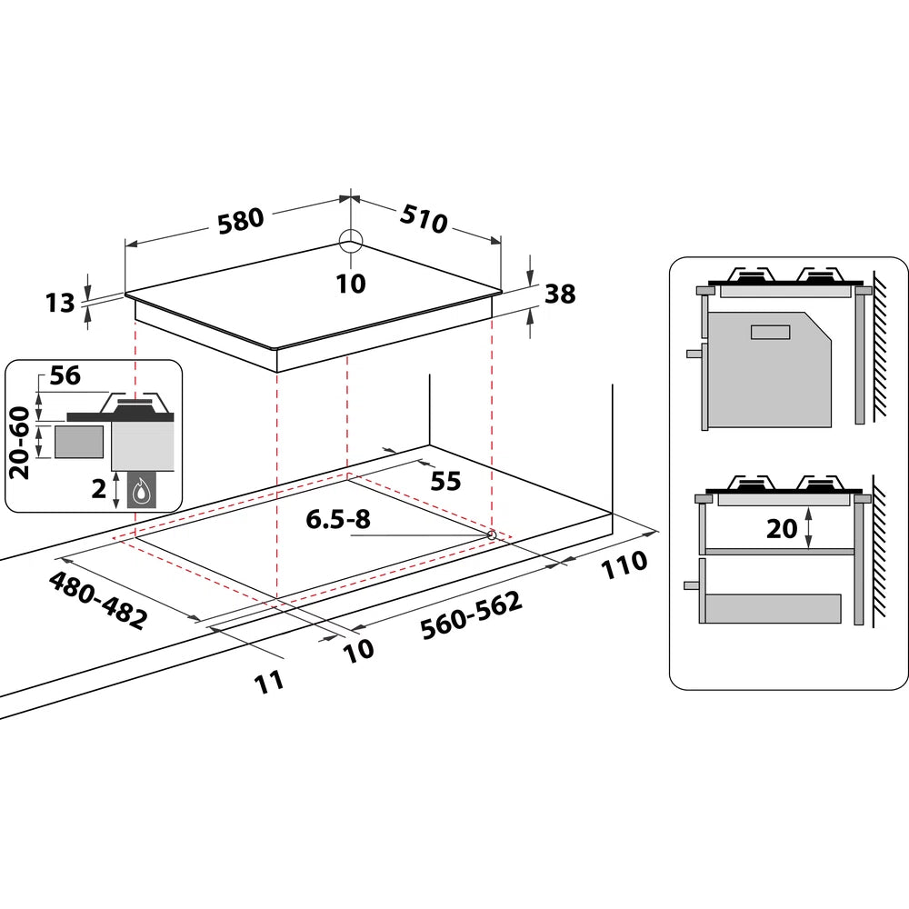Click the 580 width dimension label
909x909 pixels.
coord(240,220)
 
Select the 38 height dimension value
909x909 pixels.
coord(560,294)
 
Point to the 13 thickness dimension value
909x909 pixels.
coord(60,303)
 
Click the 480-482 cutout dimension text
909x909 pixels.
coord(96,600)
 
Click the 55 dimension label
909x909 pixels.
coord(445,481)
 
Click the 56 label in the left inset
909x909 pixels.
coord(66,375)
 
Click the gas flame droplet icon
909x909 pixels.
coord(140,492)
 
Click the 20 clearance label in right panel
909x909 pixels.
coord(782,528)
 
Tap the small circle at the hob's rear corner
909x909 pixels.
coord(351,241)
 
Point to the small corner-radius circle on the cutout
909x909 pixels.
coord(492,534)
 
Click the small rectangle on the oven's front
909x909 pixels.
coord(771,331)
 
